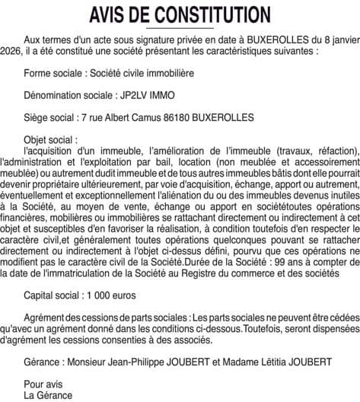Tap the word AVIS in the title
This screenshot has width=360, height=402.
(x=110, y=15)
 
